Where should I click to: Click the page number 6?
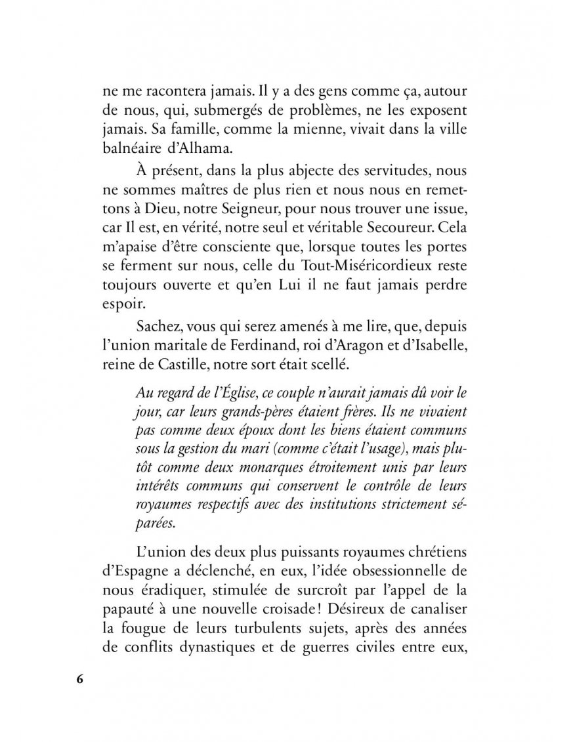point(79,678)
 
